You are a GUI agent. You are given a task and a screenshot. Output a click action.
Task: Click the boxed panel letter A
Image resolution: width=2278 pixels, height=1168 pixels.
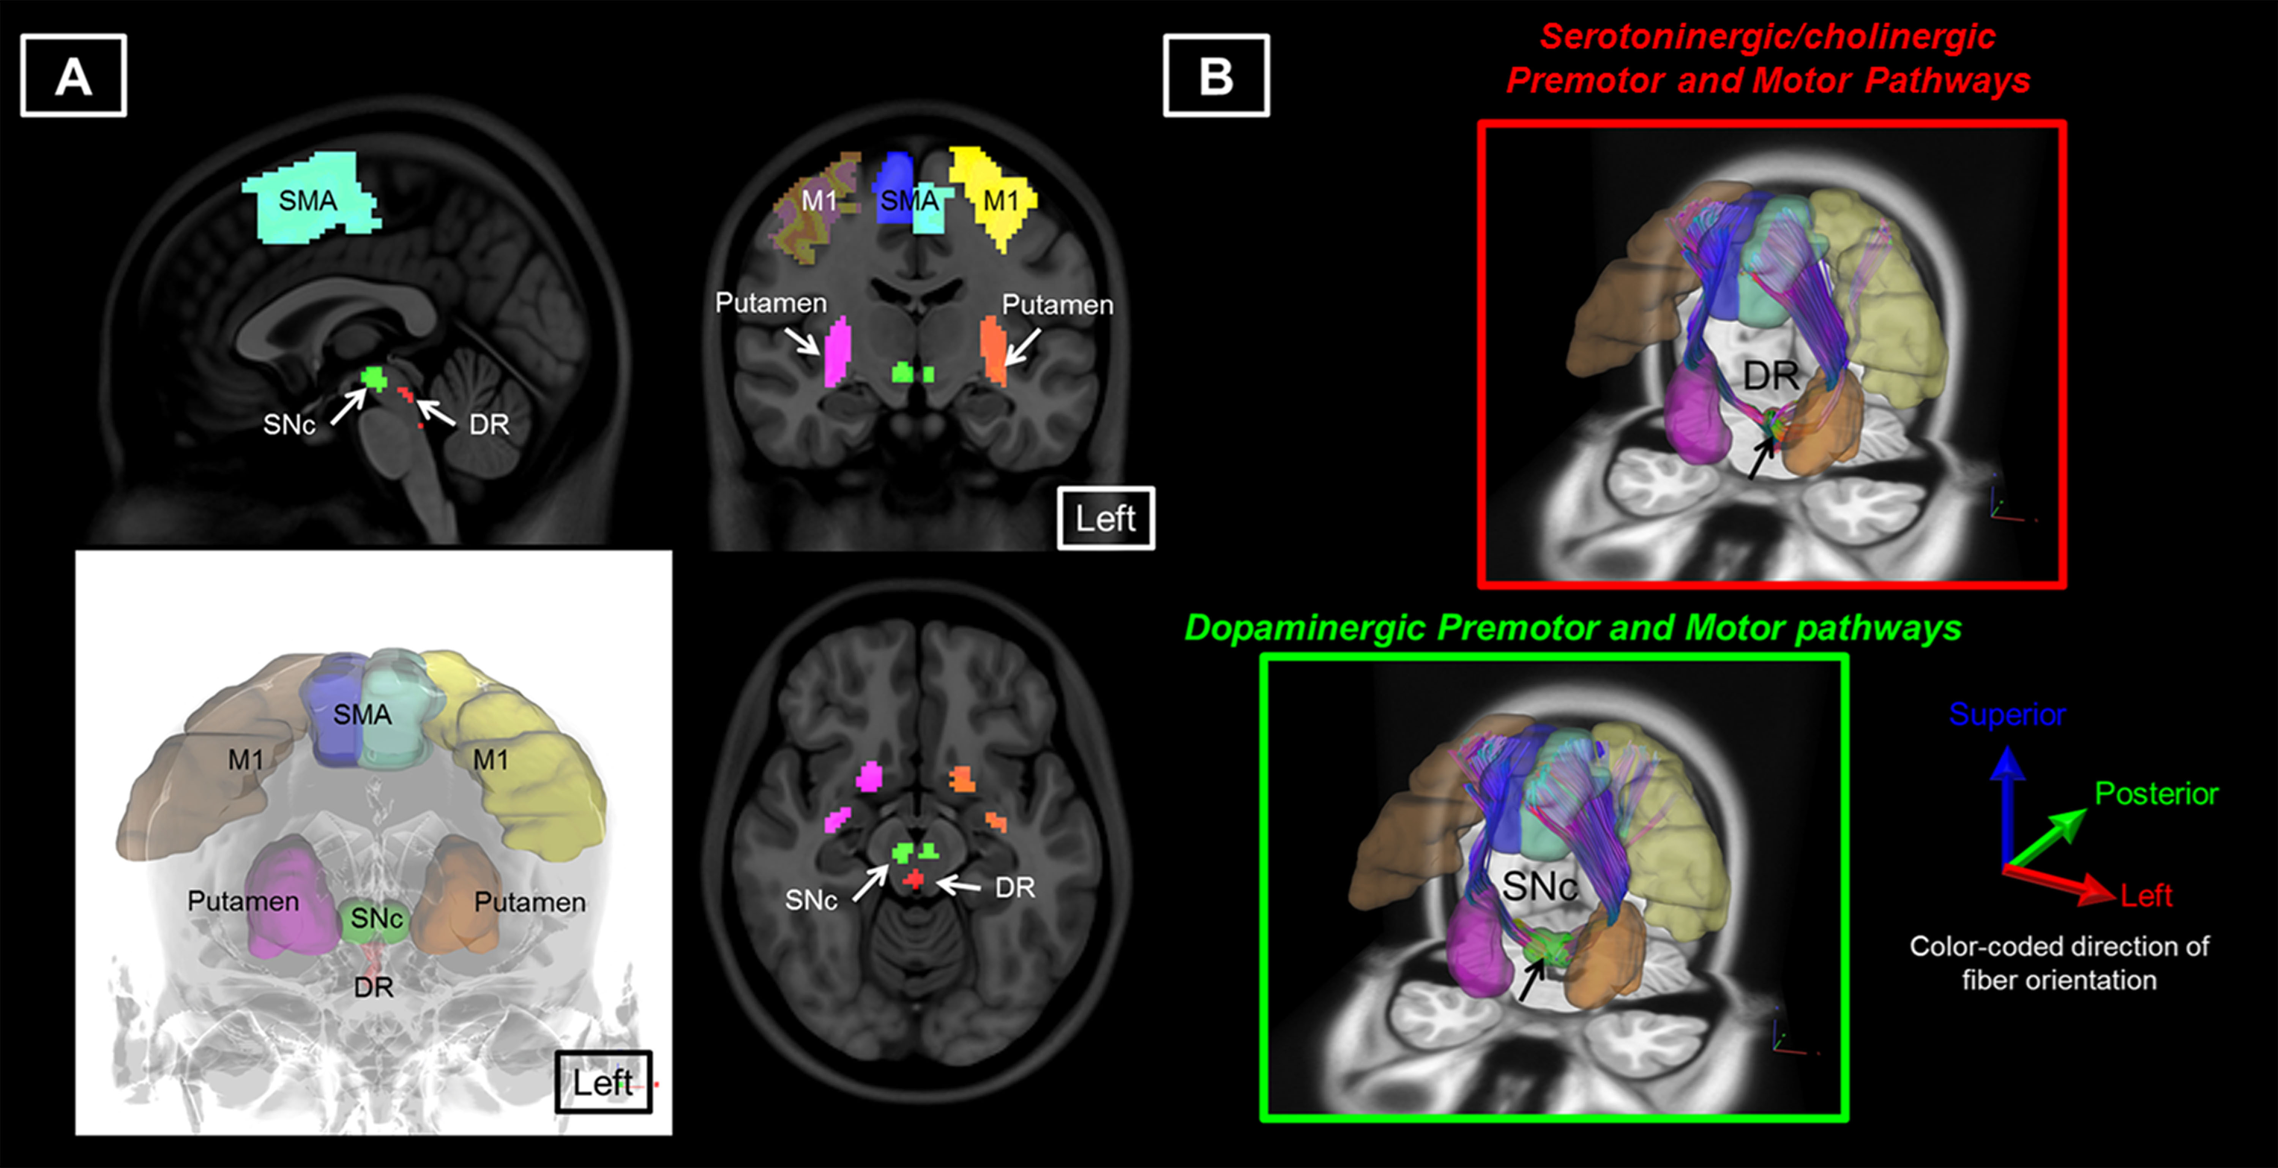pyautogui.click(x=73, y=76)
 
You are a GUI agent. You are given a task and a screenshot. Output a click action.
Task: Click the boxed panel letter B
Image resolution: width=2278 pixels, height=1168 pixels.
pyautogui.click(x=1216, y=76)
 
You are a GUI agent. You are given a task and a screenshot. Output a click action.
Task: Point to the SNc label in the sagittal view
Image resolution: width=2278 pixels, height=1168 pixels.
pyautogui.click(x=289, y=425)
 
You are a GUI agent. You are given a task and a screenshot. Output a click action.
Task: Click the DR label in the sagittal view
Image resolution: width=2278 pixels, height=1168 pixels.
pyautogui.click(x=489, y=425)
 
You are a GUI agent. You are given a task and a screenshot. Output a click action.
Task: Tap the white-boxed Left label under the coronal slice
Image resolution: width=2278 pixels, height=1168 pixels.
pyautogui.click(x=1105, y=518)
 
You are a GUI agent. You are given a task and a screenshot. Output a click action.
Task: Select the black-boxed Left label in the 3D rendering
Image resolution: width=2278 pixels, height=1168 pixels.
pyautogui.click(x=603, y=1082)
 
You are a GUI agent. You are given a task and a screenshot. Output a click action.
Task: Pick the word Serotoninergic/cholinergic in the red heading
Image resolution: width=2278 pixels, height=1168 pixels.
pyautogui.click(x=1767, y=37)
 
